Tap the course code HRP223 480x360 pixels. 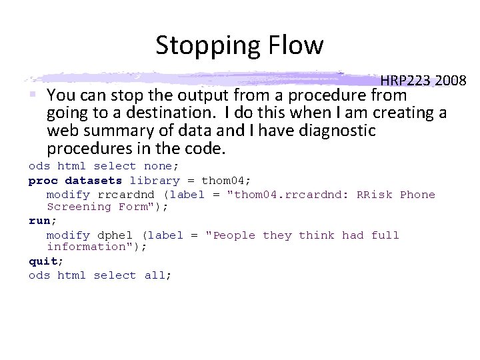[405, 81]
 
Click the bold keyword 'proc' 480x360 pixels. [43, 181]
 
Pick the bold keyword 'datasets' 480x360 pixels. [93, 181]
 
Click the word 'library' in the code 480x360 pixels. [155, 181]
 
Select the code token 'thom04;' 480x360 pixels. [227, 181]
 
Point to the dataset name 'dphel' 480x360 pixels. [115, 235]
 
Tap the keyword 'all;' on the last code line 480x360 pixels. [158, 275]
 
